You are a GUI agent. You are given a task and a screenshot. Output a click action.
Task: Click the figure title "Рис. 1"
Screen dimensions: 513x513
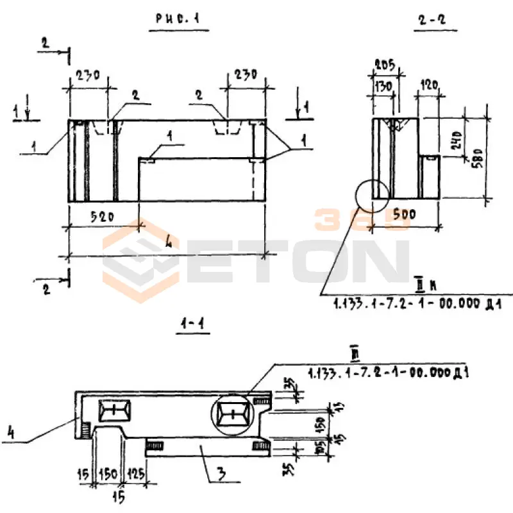tap(177, 20)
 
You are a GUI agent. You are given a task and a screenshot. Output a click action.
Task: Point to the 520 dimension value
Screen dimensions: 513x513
tap(102, 217)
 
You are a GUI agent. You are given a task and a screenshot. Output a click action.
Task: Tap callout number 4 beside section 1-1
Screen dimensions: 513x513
tap(11, 433)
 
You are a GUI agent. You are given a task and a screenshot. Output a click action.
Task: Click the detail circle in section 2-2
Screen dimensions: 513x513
tap(371, 196)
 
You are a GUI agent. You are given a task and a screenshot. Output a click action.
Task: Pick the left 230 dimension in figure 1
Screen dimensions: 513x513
tap(88, 75)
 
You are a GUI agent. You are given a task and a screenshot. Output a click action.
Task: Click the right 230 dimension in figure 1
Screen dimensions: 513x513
tap(245, 74)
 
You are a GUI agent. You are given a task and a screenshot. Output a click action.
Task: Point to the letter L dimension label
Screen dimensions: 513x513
tap(168, 242)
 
